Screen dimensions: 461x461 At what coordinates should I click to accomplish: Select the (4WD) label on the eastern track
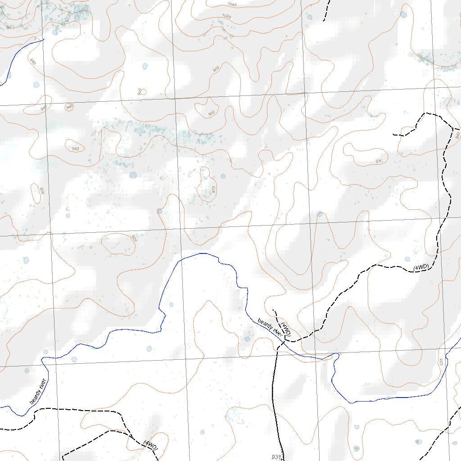pos(421,268)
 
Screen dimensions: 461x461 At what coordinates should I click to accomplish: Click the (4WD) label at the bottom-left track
pos(151,445)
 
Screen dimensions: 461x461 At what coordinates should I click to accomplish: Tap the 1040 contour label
pos(232,5)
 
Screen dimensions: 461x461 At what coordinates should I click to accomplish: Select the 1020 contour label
pos(226,17)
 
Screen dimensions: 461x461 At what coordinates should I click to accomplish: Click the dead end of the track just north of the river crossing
pos(273,310)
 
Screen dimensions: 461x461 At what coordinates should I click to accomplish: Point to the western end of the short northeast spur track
pos(393,135)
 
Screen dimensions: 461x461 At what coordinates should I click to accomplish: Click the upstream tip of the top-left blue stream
pos(44,40)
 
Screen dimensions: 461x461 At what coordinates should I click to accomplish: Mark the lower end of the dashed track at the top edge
pos(324,21)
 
